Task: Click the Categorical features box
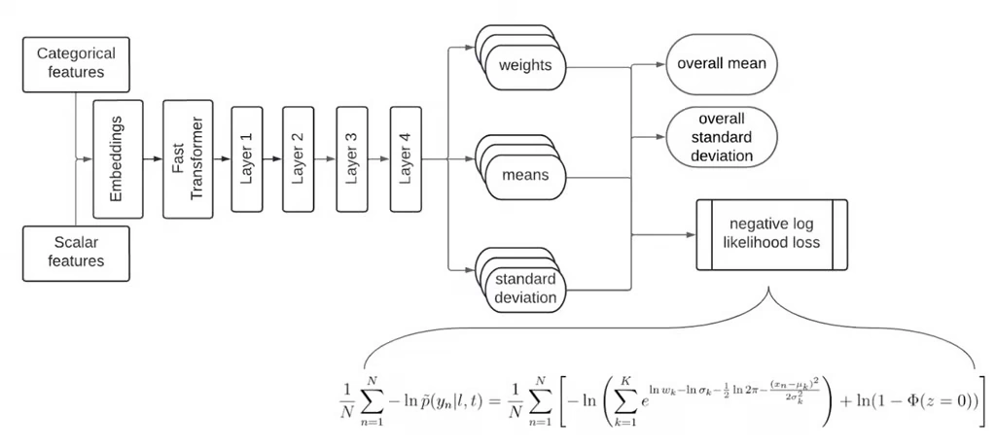[76, 62]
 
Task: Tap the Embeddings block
[117, 157]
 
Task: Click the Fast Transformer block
[187, 157]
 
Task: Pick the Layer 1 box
[246, 157]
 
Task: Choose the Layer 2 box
[299, 157]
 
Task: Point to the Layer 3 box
[351, 157]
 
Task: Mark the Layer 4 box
[405, 157]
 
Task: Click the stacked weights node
[525, 66]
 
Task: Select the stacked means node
[525, 175]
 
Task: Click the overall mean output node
[722, 65]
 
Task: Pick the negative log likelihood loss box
[771, 234]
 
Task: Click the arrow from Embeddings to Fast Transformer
[152, 157]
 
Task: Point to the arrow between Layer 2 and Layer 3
[325, 157]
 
